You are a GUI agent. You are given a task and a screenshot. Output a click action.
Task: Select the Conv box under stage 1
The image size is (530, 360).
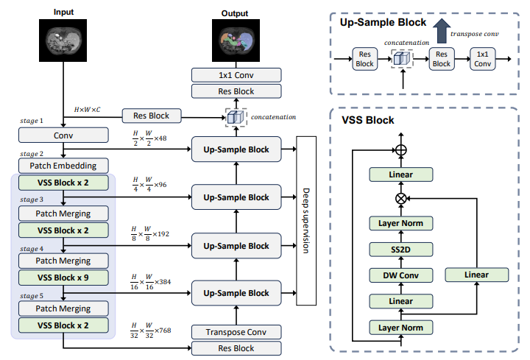64,136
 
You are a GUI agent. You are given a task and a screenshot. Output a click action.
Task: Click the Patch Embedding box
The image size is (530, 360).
64,166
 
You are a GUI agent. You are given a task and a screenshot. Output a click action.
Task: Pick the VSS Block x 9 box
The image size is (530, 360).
64,278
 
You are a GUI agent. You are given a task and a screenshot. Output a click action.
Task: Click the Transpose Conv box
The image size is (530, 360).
236,332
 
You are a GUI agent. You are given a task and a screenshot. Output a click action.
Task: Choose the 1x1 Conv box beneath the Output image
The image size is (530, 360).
236,75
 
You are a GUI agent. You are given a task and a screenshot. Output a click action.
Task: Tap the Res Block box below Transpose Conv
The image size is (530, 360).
236,349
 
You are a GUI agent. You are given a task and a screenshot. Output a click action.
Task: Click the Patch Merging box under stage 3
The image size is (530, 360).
64,213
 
